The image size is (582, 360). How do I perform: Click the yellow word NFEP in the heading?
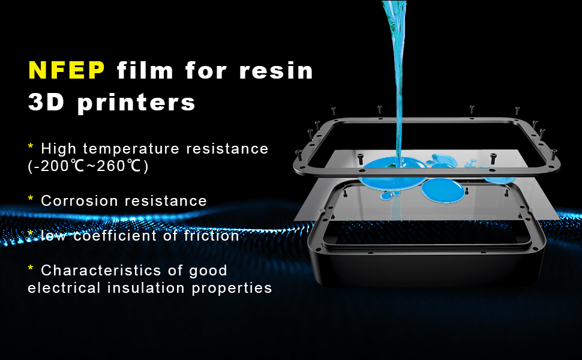tap(67, 71)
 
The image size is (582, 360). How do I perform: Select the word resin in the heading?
tap(277, 71)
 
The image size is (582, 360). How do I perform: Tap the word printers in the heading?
tap(136, 103)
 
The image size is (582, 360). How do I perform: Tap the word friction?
tap(211, 236)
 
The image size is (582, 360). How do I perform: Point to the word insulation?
tap(146, 288)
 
